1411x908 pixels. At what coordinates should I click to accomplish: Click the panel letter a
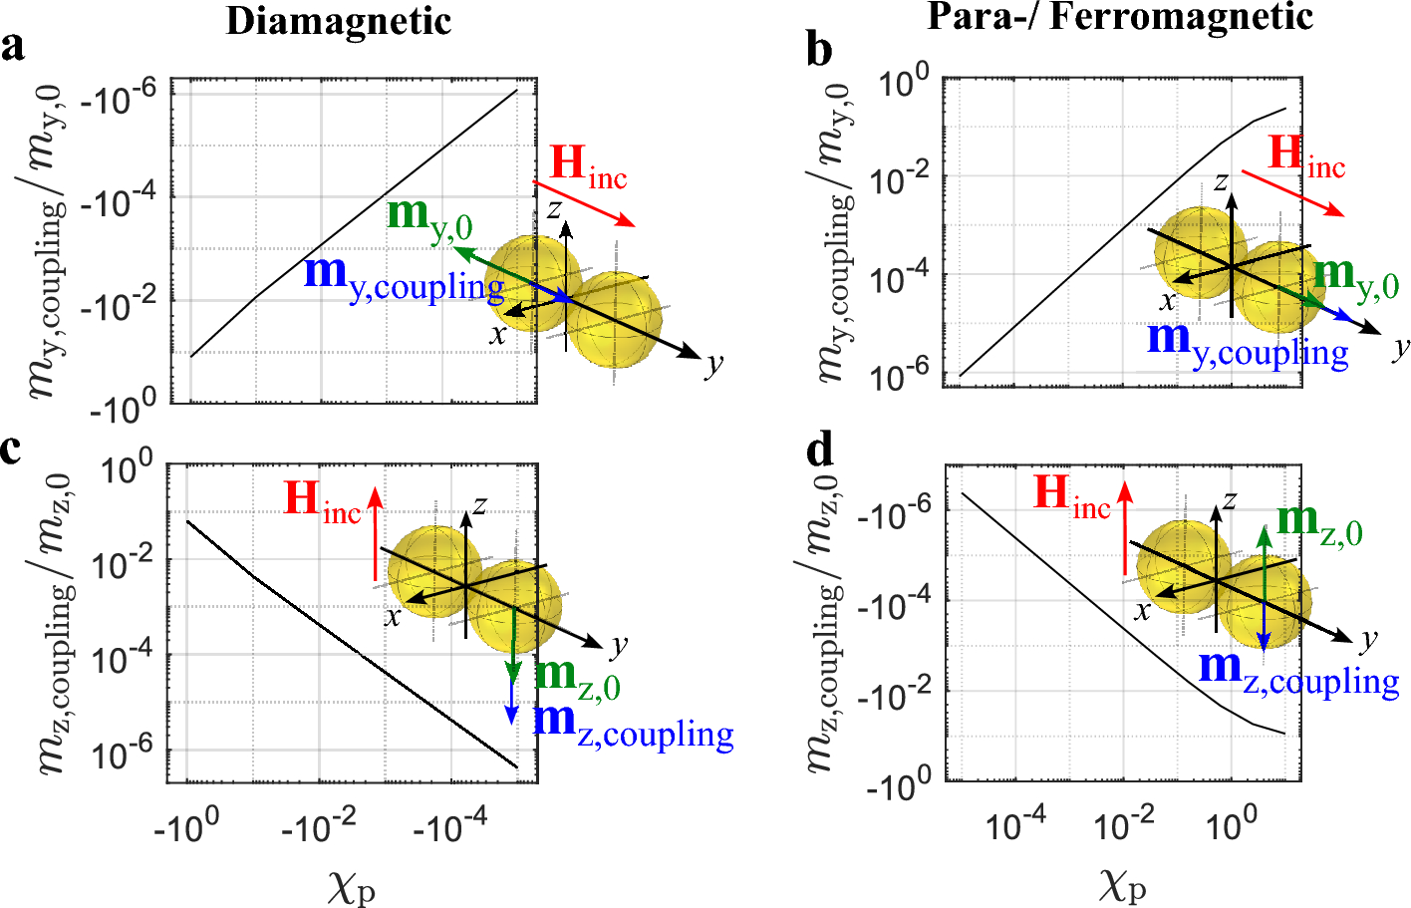(13, 46)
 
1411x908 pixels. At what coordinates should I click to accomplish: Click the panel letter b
(819, 50)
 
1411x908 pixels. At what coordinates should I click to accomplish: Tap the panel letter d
(820, 452)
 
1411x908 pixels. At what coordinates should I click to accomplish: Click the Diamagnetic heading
(338, 21)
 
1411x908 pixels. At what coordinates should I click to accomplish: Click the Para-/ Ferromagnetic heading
(1120, 17)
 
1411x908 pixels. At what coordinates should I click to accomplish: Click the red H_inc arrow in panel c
(376, 533)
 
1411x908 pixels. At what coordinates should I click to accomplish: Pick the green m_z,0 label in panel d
(1318, 522)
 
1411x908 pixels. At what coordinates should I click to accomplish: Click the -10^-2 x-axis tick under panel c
(319, 826)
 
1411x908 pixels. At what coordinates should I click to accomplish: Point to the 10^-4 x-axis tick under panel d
(1015, 824)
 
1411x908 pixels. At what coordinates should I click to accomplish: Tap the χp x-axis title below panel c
(351, 884)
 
